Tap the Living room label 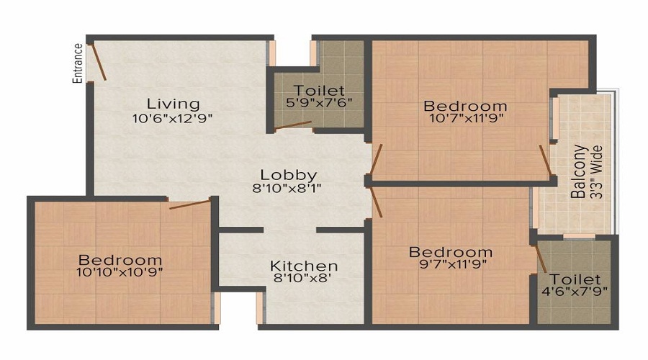(173, 104)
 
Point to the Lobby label (288, 175)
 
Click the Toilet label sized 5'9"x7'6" (318, 91)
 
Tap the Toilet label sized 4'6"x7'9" (574, 279)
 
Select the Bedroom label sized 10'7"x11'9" (465, 104)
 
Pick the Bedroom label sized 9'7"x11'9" (451, 253)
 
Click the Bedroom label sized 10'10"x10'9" (120, 260)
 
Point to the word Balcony (579, 173)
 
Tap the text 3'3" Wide (595, 173)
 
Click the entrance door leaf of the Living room (98, 63)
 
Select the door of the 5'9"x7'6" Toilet (292, 127)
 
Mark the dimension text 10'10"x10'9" (120, 272)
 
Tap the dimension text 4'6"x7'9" (574, 292)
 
